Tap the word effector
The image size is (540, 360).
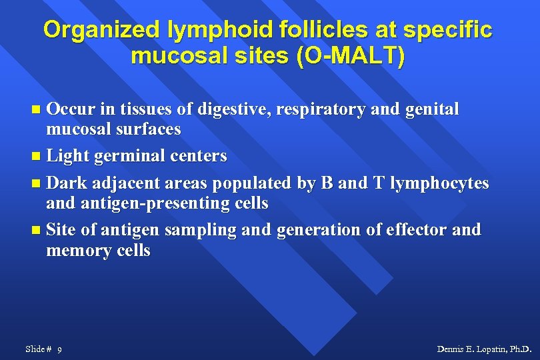(x=398, y=230)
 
